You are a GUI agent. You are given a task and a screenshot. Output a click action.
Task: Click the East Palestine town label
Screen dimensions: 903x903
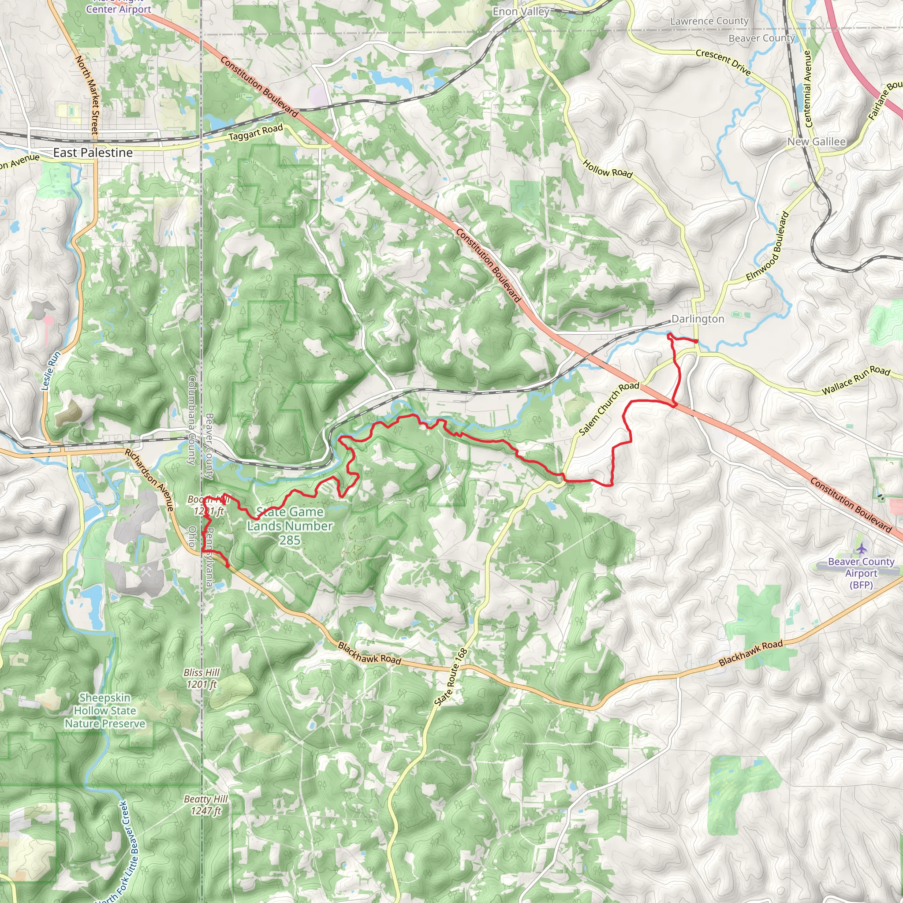93,153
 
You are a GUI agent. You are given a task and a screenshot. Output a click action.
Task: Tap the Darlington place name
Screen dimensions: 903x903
698,319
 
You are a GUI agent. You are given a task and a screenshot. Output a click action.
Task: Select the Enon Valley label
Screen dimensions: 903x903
521,12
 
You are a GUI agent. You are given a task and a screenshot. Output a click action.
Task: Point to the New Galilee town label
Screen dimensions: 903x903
816,142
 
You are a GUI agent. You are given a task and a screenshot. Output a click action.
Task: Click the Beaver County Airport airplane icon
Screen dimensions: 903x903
862,548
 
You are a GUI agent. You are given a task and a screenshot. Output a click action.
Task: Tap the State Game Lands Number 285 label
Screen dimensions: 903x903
290,526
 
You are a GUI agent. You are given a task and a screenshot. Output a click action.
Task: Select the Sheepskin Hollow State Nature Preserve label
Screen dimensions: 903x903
104,710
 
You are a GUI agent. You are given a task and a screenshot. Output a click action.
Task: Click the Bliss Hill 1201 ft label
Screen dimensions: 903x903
201,678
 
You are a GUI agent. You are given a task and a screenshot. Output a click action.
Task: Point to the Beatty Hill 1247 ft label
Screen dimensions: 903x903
205,805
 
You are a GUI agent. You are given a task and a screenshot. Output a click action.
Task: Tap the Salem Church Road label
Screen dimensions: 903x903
608,408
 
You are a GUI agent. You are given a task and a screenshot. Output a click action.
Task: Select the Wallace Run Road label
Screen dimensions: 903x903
856,380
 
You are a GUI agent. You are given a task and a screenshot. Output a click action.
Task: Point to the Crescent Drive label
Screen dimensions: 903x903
723,62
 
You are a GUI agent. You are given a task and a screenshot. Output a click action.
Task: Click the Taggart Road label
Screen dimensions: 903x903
256,132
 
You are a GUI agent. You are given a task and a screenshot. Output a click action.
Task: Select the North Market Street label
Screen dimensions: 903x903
87,96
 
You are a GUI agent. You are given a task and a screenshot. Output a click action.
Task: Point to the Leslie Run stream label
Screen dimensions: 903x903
51,371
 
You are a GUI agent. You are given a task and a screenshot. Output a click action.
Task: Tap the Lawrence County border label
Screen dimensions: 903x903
709,21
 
